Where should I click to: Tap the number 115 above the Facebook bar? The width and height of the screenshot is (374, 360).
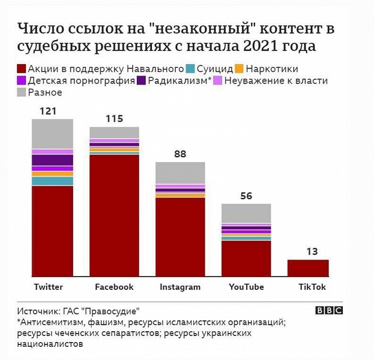(x=114, y=119)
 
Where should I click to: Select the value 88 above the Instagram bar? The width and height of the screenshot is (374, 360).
(x=179, y=154)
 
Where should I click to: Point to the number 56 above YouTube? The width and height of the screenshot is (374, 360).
(x=246, y=196)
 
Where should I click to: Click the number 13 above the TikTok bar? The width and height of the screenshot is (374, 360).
(x=311, y=251)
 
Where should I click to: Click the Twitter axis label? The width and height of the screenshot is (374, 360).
(x=49, y=287)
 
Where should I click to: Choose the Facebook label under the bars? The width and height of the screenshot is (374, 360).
(x=114, y=287)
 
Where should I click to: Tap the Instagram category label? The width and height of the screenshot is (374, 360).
(x=180, y=287)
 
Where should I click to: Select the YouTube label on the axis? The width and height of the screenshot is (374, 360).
(x=246, y=287)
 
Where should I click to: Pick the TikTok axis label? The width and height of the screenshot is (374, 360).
(x=312, y=287)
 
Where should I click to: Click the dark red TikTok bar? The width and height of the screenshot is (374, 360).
(x=308, y=268)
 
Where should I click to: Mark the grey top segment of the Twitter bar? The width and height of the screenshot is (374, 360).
(x=52, y=134)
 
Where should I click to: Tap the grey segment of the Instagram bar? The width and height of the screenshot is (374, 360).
(x=180, y=173)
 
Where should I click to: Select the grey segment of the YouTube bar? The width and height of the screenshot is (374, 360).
(x=246, y=213)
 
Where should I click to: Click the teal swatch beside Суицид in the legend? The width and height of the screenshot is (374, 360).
(x=190, y=70)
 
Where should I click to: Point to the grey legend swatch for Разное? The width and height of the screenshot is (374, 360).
(x=22, y=92)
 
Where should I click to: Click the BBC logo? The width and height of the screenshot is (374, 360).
(x=330, y=310)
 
